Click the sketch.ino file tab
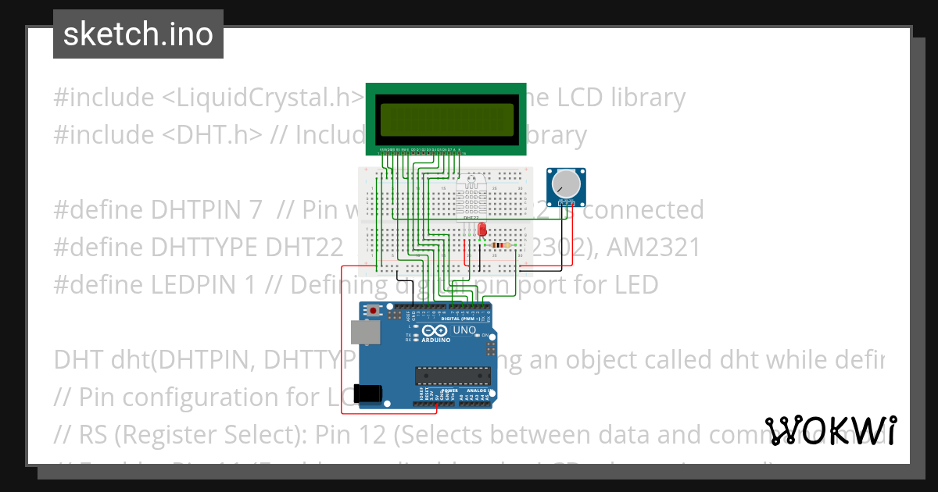pyautogui.click(x=138, y=34)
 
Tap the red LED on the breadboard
pyautogui.click(x=482, y=230)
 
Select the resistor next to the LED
pyautogui.click(x=501, y=245)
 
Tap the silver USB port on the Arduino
pyautogui.click(x=363, y=333)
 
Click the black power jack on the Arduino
pyautogui.click(x=368, y=394)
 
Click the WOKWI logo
pyautogui.click(x=831, y=431)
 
